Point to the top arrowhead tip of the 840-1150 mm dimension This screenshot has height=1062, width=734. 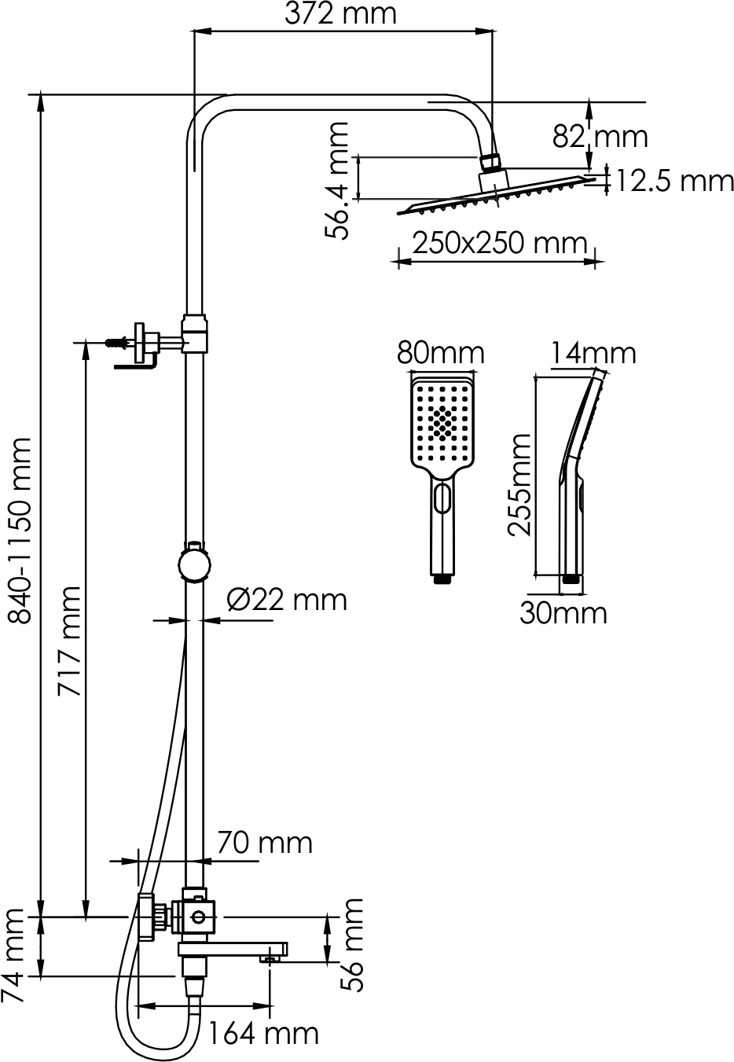pos(41,90)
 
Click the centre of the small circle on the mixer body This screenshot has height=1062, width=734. pos(199,917)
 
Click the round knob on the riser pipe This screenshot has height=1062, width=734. pos(193,565)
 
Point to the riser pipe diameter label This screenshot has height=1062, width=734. pos(287,601)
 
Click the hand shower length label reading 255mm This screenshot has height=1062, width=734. pos(519,484)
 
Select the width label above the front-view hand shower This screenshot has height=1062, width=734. pos(441,353)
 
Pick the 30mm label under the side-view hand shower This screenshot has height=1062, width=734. pos(563,613)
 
